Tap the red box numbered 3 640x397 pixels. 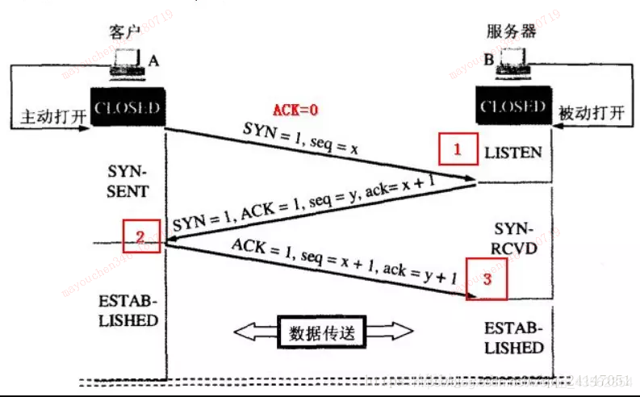487,279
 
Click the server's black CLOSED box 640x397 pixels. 512,107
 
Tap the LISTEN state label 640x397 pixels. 512,153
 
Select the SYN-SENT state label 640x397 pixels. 128,182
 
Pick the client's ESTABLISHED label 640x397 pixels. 129,311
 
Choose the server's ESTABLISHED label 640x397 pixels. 513,338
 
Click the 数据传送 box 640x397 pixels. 321,332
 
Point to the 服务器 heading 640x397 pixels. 512,32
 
